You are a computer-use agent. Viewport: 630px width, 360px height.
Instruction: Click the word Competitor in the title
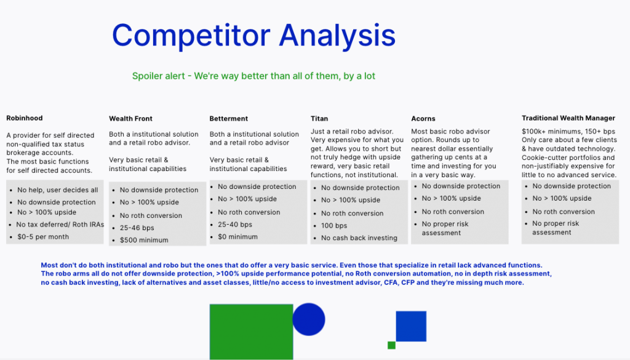(x=191, y=36)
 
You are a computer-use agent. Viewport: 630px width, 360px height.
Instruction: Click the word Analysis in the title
(x=338, y=36)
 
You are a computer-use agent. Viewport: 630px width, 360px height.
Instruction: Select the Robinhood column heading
(x=25, y=118)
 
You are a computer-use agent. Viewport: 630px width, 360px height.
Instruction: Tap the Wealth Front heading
(x=130, y=119)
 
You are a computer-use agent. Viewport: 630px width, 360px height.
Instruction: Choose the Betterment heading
(x=229, y=119)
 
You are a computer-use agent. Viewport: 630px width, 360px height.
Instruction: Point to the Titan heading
(x=319, y=119)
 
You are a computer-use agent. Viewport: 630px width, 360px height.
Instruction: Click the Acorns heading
(x=423, y=119)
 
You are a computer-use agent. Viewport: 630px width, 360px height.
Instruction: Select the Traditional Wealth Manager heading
(x=568, y=118)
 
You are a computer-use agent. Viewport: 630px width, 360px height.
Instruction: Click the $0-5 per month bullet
(x=43, y=237)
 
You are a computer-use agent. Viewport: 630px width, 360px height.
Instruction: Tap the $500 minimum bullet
(x=144, y=240)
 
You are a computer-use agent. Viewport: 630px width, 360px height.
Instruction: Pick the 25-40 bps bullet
(x=235, y=224)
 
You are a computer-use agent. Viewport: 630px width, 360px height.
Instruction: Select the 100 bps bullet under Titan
(x=334, y=225)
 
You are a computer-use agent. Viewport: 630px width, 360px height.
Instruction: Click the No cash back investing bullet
(x=359, y=238)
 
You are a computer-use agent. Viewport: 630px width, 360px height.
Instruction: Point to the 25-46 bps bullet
(x=137, y=228)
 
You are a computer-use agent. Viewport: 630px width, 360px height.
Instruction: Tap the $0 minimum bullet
(x=238, y=237)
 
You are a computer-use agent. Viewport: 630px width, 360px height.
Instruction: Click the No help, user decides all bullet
(x=57, y=190)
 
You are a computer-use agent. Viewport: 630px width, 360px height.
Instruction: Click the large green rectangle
(x=251, y=332)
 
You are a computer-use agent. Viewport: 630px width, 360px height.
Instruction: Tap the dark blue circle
(x=309, y=319)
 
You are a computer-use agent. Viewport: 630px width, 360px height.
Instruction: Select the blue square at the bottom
(x=411, y=326)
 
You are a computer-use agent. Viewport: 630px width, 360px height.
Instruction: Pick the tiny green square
(x=391, y=345)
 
